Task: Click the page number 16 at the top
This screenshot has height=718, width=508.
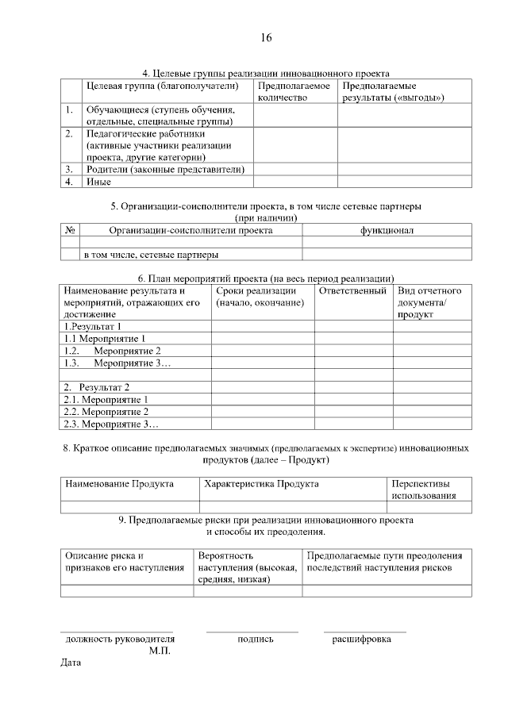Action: (x=266, y=38)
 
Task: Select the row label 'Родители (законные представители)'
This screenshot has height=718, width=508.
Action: (x=164, y=169)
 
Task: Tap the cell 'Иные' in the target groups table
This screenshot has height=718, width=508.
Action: (x=98, y=182)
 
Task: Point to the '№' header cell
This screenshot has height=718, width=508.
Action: (x=71, y=230)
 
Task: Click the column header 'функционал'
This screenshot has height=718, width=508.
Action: (x=387, y=230)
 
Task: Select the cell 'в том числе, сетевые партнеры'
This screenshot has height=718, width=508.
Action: (x=152, y=255)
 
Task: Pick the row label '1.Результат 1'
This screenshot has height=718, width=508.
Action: (x=93, y=326)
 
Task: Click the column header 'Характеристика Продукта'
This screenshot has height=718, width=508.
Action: (x=261, y=483)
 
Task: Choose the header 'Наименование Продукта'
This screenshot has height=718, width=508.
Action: (x=119, y=483)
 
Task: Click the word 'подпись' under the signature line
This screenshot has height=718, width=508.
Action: (x=256, y=639)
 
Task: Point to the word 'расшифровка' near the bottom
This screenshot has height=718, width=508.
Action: (x=361, y=639)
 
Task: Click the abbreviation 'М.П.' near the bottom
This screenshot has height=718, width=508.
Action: (x=160, y=651)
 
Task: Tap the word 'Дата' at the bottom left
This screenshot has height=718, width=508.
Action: (x=71, y=662)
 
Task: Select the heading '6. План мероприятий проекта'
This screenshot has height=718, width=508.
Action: (x=266, y=278)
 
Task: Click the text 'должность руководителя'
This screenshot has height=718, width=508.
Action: (x=120, y=639)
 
